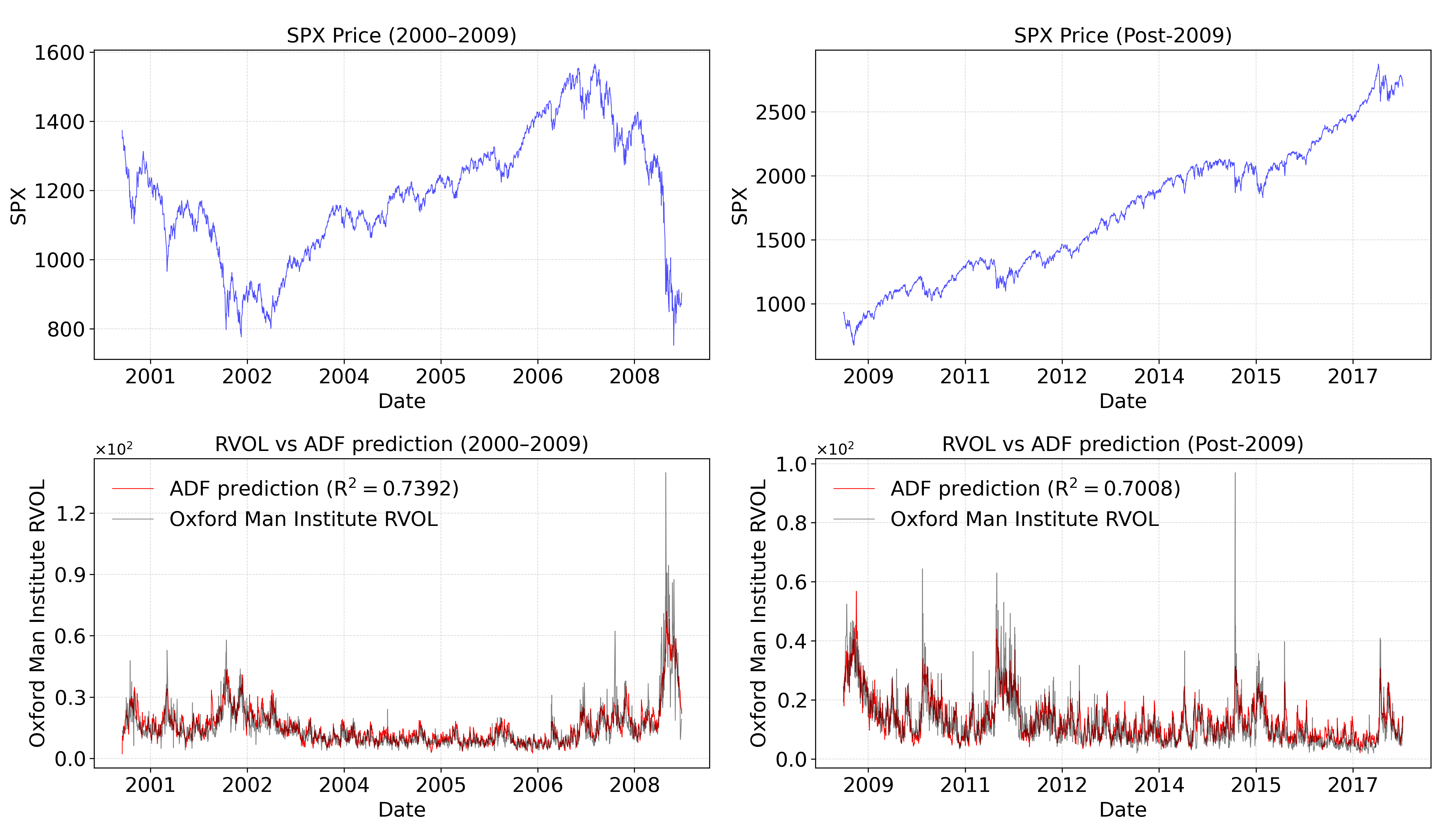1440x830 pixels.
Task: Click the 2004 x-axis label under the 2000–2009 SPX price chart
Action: tap(343, 377)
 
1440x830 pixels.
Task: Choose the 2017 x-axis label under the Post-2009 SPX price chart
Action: tap(1352, 377)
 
